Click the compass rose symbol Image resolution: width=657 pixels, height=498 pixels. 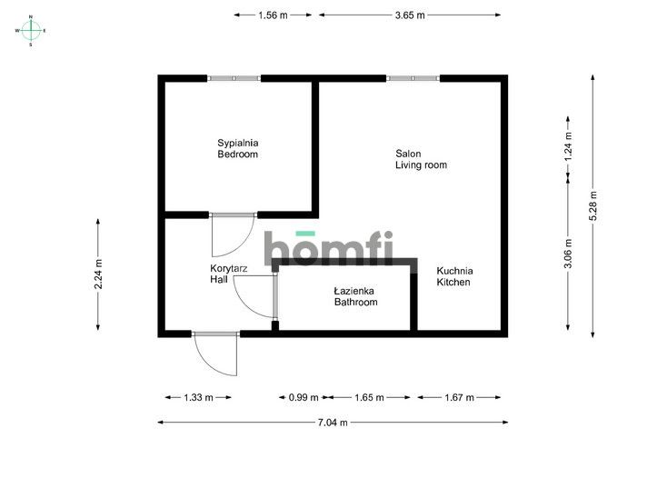coord(31,31)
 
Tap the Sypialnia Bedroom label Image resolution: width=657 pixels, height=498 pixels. coord(237,149)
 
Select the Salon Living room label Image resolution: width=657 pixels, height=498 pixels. coord(421,159)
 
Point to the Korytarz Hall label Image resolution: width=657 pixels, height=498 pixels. coord(228,274)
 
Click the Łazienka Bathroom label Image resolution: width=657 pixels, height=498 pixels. coord(355,296)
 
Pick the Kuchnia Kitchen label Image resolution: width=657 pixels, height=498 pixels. coord(454,276)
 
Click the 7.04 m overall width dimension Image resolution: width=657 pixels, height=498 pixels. coord(333,423)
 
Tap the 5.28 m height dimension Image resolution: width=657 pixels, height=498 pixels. coord(592,205)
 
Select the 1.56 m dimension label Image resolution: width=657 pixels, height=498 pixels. coord(273,15)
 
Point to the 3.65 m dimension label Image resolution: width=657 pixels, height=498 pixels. coord(410,15)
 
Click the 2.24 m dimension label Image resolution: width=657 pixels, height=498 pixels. coord(98,274)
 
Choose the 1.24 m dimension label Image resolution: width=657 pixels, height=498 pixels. coord(568,146)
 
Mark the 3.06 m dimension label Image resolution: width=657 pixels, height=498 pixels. coord(568,254)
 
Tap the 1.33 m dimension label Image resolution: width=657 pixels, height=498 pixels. coord(198,397)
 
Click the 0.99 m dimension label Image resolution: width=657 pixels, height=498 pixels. coord(304,397)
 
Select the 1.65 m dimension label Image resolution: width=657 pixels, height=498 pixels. coord(369,397)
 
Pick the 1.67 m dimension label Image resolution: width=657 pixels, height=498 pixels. coord(459,397)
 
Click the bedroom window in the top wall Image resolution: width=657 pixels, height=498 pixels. coord(234,78)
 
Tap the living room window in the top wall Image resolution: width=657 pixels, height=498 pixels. coord(413,78)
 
